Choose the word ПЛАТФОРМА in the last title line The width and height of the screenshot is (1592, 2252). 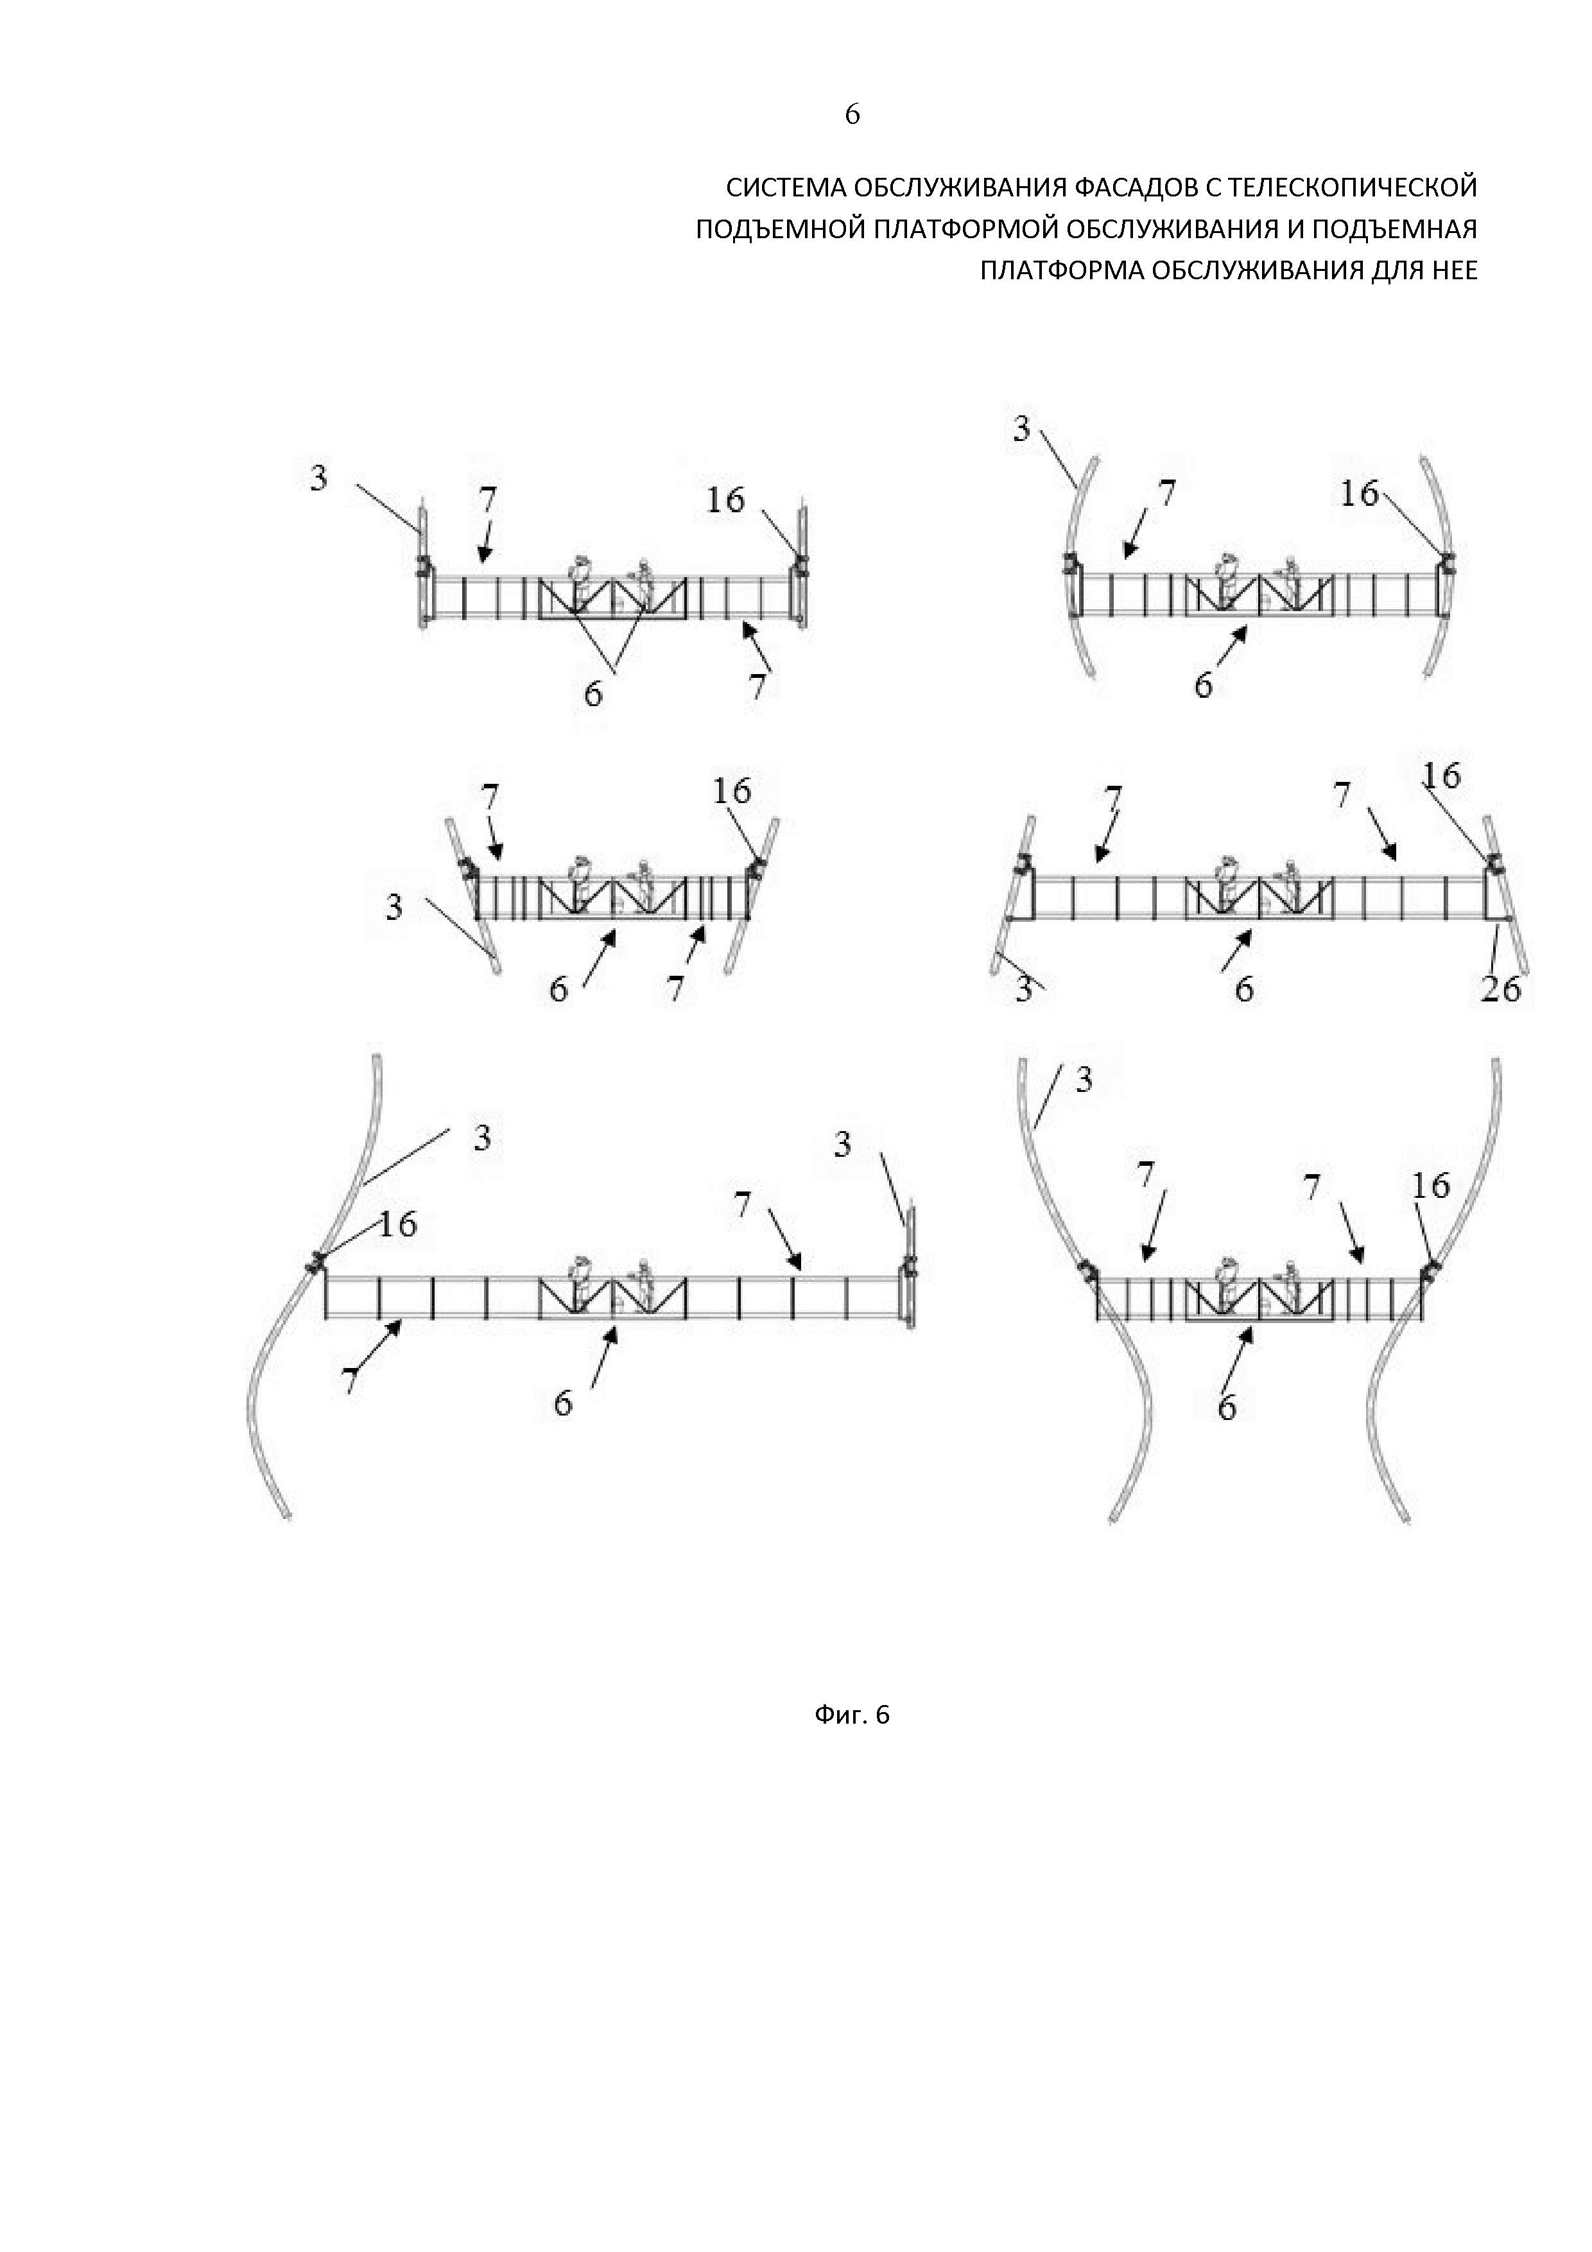[1060, 271]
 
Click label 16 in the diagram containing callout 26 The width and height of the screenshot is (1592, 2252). [1442, 776]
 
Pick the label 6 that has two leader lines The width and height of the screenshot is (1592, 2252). [593, 693]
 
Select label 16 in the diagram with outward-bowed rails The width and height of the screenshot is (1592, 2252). [1360, 494]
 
